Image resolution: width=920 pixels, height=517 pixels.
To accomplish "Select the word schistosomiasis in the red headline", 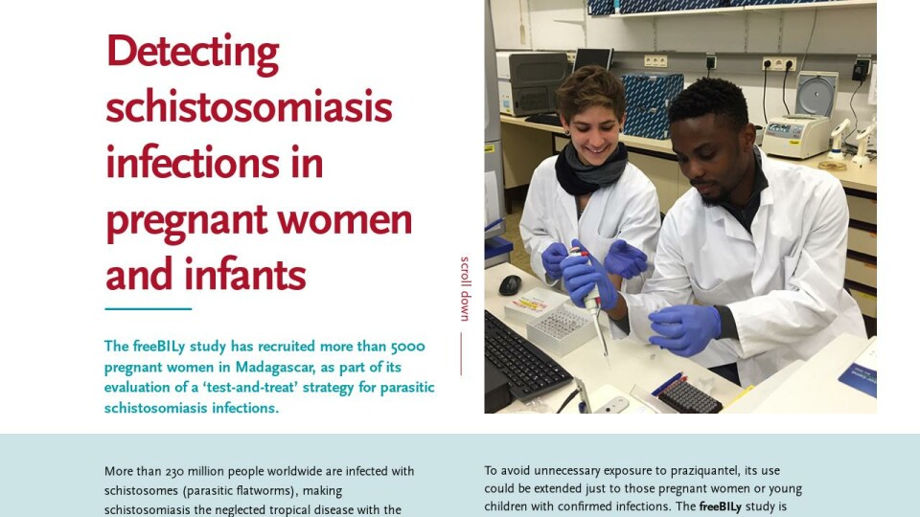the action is point(249,107).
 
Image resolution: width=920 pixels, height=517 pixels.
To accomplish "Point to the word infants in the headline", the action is point(245,275).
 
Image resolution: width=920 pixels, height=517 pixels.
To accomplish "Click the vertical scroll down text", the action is point(465,288).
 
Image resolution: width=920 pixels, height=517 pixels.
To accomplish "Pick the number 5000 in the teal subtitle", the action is point(408,347).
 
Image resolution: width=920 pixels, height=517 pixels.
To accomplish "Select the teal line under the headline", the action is point(149,308).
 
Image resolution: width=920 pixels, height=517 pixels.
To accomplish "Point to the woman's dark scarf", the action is point(590,169).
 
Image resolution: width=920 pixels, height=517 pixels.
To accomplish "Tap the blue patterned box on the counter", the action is point(652,104).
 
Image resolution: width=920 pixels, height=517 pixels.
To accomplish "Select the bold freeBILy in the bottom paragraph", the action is point(720,506).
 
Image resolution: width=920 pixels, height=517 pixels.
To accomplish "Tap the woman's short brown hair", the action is point(589,92).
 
